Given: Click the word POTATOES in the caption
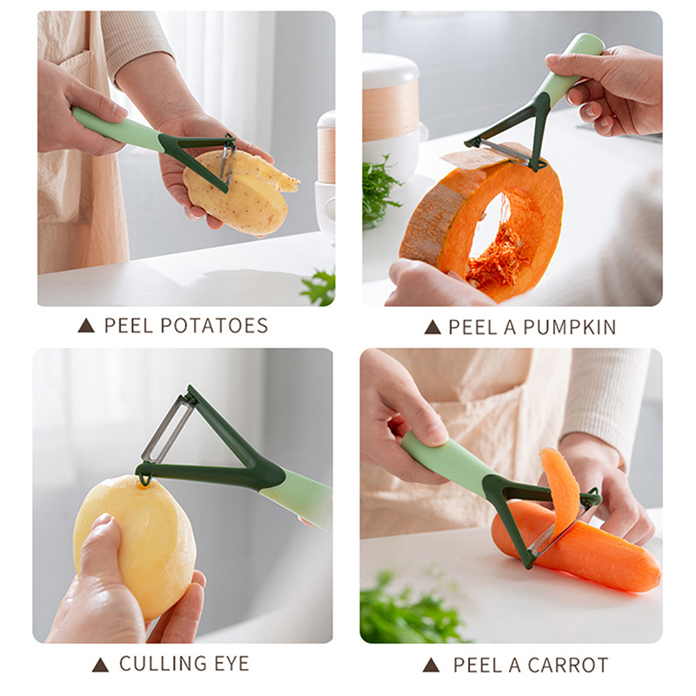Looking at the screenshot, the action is (214, 325).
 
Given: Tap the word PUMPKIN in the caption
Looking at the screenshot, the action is (570, 328).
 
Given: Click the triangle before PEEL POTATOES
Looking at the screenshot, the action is (86, 326).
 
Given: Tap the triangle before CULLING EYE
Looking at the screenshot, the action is (100, 665).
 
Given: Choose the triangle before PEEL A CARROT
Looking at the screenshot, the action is (431, 666).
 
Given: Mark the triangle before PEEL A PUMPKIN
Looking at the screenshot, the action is (432, 328).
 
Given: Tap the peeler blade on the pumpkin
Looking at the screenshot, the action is (506, 151).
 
